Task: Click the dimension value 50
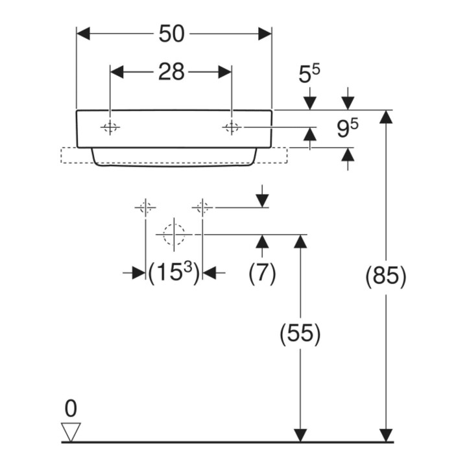coord(171,34)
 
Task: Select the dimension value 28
coord(171,72)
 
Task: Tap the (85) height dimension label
coord(386,276)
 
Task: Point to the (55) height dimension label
coord(300,333)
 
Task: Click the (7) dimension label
coord(262,272)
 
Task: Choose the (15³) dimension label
coord(174,272)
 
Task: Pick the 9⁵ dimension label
coord(348,128)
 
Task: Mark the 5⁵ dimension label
coord(309,74)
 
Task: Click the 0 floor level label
coord(71,409)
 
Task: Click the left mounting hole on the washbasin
coord(110,128)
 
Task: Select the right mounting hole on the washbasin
coord(232,128)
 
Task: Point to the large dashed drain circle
coord(174,235)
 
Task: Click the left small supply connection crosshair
coord(145,207)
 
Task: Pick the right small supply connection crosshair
coord(202,207)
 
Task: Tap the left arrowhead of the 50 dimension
coord(84,34)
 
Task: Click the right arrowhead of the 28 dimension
coord(225,72)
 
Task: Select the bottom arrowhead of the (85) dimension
coord(386,435)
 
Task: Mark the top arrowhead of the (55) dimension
coord(300,241)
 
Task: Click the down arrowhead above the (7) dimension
coord(262,200)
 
